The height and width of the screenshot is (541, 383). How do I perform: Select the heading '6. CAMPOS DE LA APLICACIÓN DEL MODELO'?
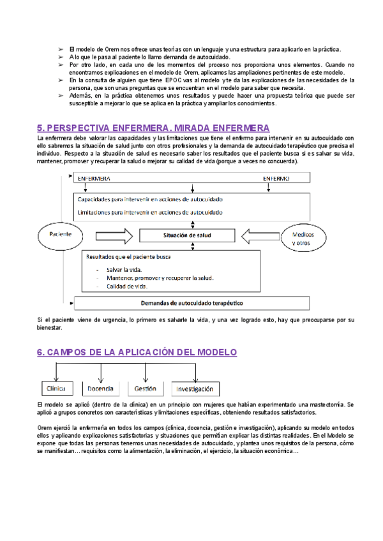[137, 352]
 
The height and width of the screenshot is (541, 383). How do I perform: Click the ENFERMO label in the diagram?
[276, 179]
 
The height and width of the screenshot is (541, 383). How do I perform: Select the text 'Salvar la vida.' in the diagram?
[124, 269]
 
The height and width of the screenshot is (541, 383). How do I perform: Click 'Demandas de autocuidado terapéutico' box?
[191, 302]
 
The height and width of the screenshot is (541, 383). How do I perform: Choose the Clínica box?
[57, 388]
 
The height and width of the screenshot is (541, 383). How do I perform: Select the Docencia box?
[100, 388]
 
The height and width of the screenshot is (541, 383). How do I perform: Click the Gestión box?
[146, 388]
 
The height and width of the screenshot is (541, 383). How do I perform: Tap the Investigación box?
[195, 389]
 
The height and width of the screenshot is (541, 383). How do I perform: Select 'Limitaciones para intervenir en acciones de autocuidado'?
[149, 211]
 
